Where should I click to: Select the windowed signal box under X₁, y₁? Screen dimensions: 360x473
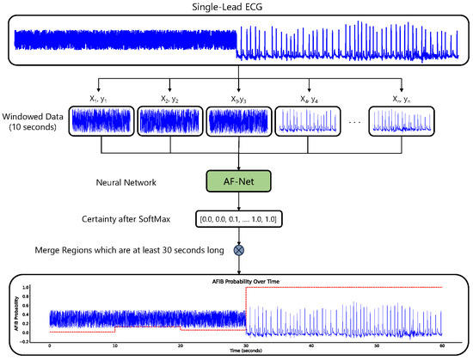(x=101, y=123)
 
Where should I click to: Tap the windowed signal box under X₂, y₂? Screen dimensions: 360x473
(x=169, y=123)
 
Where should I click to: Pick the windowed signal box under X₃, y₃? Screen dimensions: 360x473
(x=236, y=123)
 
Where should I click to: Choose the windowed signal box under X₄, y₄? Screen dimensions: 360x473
(x=305, y=123)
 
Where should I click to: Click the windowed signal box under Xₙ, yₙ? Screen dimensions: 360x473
(x=400, y=123)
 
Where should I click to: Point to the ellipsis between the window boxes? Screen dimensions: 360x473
(x=353, y=123)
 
